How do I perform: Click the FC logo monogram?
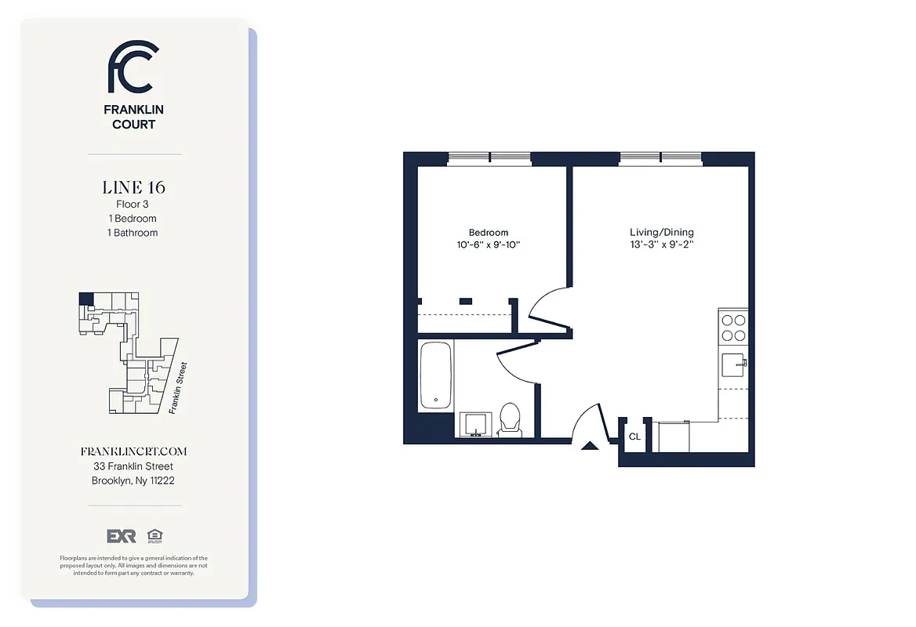[133, 67]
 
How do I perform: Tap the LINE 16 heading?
[133, 187]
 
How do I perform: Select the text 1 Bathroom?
[133, 233]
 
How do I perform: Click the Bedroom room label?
[489, 233]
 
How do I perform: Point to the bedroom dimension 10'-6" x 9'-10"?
[489, 245]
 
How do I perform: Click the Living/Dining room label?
[662, 233]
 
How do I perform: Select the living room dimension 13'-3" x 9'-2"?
[662, 245]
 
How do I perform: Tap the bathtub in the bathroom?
[436, 375]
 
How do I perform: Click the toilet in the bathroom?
[511, 419]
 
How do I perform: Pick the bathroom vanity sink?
[474, 424]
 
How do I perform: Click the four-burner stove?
[732, 328]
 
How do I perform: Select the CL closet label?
[634, 437]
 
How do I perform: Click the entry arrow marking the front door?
[590, 446]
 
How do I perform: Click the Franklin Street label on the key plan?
[178, 386]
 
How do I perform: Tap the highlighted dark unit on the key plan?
[85, 299]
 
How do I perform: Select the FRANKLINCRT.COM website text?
[133, 452]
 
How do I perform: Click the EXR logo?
[122, 536]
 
